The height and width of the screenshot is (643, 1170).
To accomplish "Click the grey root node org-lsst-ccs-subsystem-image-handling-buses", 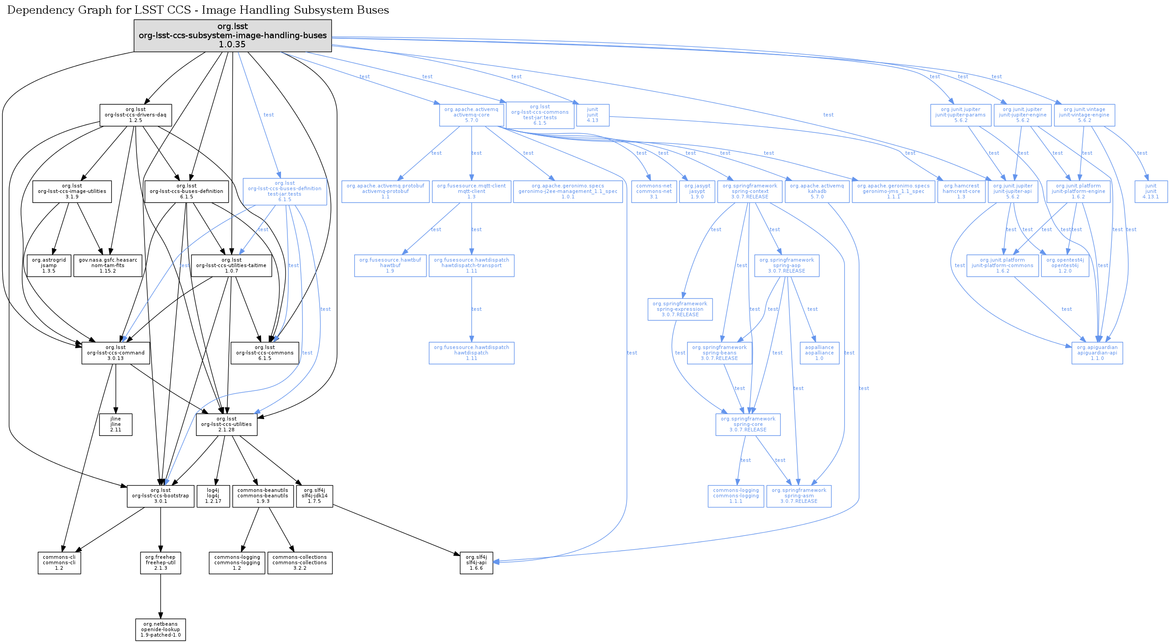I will [232, 35].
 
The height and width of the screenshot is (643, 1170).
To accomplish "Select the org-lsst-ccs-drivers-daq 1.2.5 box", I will [136, 115].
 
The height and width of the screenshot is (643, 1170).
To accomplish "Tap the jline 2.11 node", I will [115, 424].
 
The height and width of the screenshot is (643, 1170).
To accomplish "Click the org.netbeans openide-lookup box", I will [160, 629].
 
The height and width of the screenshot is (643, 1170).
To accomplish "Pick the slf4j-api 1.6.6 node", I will [476, 562].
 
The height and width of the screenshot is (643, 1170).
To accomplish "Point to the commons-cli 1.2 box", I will [59, 562].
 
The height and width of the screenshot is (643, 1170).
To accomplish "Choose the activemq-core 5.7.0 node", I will [471, 115].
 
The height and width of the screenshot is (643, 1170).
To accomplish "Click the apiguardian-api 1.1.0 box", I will [1097, 353].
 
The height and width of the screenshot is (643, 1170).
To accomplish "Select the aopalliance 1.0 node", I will [819, 353].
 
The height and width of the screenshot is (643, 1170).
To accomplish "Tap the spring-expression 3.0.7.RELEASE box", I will [680, 309].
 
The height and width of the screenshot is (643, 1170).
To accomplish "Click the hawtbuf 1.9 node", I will [390, 265].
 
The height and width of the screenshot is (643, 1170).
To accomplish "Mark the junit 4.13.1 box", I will [1150, 191].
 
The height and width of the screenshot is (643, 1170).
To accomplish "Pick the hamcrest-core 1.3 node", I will [961, 191].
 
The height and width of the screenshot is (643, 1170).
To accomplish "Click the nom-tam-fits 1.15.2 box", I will [108, 265].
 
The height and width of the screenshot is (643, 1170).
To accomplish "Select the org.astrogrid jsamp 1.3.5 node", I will [49, 265].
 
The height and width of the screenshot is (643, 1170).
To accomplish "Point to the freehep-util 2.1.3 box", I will [160, 562].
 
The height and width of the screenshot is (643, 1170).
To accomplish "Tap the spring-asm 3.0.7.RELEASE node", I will [798, 496].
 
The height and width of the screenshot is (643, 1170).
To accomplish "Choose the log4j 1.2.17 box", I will [213, 496].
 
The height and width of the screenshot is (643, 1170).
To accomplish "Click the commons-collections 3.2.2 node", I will [300, 562].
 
